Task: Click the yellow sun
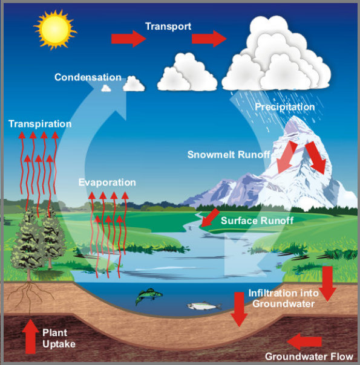(55, 30)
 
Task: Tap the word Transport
(168, 27)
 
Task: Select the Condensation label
(88, 77)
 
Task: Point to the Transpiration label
(40, 124)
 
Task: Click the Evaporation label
(107, 182)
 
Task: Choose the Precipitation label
(285, 107)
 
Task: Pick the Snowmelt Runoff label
(229, 155)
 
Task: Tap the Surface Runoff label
(257, 221)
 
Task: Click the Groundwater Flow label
(309, 357)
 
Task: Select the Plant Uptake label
(59, 338)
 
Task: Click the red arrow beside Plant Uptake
(30, 337)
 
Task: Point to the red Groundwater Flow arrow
(304, 341)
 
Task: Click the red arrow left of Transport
(129, 39)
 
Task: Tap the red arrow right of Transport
(209, 39)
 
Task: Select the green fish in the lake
(148, 296)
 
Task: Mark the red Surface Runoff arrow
(210, 218)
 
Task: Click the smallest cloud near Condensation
(106, 88)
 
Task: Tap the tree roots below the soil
(30, 296)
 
